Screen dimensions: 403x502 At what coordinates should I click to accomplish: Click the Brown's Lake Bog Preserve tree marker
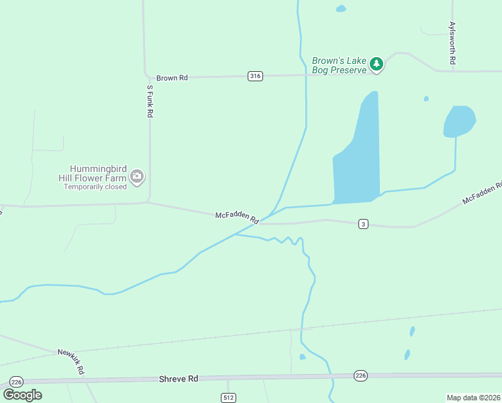click(x=376, y=64)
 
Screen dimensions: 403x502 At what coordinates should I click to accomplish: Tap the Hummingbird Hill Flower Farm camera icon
click(x=137, y=177)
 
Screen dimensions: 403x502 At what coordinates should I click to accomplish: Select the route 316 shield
click(x=254, y=76)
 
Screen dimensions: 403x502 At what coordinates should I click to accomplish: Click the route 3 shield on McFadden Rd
click(x=363, y=224)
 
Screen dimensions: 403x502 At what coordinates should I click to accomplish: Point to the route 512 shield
click(x=229, y=398)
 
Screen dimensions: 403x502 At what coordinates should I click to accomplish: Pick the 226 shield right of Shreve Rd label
click(x=360, y=375)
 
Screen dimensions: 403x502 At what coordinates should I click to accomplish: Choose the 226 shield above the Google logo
click(x=17, y=382)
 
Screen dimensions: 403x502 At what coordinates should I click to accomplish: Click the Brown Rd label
click(x=172, y=78)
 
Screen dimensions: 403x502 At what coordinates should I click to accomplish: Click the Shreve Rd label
click(x=179, y=379)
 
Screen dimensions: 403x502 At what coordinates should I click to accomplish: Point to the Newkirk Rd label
click(x=71, y=361)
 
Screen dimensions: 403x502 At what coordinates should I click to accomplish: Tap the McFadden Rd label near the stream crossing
click(x=237, y=217)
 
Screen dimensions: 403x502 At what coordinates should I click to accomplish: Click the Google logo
click(x=23, y=394)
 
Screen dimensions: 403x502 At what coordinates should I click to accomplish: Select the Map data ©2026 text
click(x=473, y=398)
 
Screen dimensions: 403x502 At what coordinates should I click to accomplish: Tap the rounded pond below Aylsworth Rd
click(x=459, y=121)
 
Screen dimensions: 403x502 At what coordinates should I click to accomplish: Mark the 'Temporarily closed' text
click(x=95, y=187)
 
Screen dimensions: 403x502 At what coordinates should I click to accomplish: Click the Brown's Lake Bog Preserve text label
click(x=339, y=65)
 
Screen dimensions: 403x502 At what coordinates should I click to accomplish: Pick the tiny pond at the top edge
click(x=341, y=9)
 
